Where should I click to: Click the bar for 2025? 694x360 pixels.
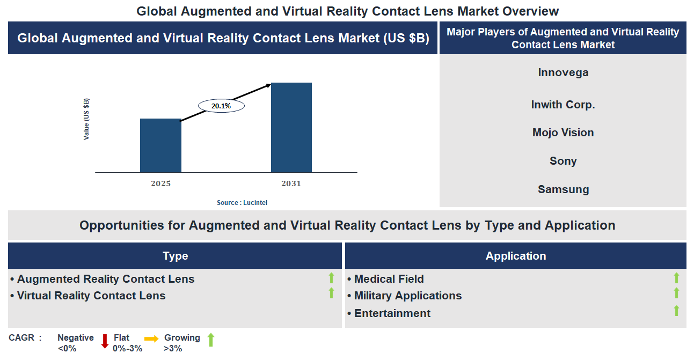coord(160,145)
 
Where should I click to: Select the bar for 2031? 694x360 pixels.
coord(291,128)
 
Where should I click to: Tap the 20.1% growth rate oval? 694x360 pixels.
coord(221,106)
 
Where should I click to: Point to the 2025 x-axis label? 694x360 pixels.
coord(160,183)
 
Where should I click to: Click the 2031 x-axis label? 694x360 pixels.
coord(291,183)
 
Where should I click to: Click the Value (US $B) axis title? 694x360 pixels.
coord(86,119)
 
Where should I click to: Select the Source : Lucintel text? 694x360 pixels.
coord(242,203)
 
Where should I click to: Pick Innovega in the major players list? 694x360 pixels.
coord(563,72)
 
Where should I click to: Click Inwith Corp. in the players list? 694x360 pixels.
coord(563,105)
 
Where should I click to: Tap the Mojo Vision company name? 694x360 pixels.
coord(563,133)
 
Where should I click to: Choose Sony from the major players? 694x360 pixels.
coord(563,161)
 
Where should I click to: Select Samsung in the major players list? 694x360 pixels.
coord(563,189)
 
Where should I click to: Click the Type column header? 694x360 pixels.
coord(175,256)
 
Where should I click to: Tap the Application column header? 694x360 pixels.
coord(515,256)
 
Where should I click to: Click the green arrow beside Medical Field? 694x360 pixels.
coord(676,278)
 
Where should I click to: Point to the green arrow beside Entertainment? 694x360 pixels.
coord(676,311)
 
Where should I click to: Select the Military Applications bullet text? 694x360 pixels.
coord(407,296)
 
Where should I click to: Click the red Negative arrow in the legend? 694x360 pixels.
coord(105,341)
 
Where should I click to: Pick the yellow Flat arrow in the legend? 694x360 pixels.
coord(151,339)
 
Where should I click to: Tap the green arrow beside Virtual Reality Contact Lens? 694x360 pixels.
coord(331,293)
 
